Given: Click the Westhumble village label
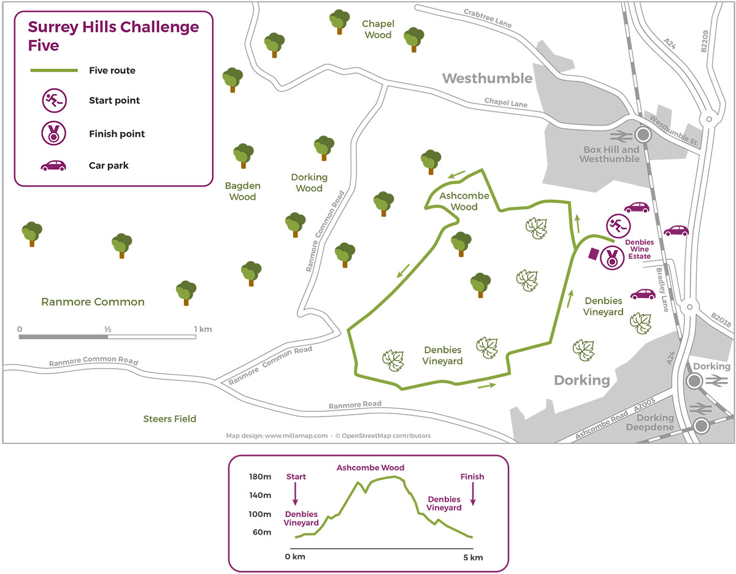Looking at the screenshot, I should (487, 78).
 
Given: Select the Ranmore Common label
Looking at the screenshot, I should (93, 302).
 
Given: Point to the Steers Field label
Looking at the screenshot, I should (169, 419).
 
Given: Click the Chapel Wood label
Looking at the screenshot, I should (378, 29).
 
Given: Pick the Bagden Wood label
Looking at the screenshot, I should (242, 191).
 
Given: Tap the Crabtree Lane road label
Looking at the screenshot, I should (488, 18).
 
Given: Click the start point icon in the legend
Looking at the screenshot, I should (53, 101).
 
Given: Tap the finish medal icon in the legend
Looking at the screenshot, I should (53, 134).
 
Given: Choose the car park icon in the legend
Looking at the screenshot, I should (53, 166).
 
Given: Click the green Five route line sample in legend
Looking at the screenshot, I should (54, 71).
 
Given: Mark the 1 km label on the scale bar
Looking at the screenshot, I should (203, 329).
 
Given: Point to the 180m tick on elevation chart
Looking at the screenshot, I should (260, 477).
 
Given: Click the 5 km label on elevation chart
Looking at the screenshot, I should (472, 557).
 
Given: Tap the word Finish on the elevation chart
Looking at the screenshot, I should (472, 476).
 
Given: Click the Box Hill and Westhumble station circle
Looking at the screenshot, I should (643, 135).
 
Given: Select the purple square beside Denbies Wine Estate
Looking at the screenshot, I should (594, 253).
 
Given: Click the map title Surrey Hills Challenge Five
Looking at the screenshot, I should (113, 36).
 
